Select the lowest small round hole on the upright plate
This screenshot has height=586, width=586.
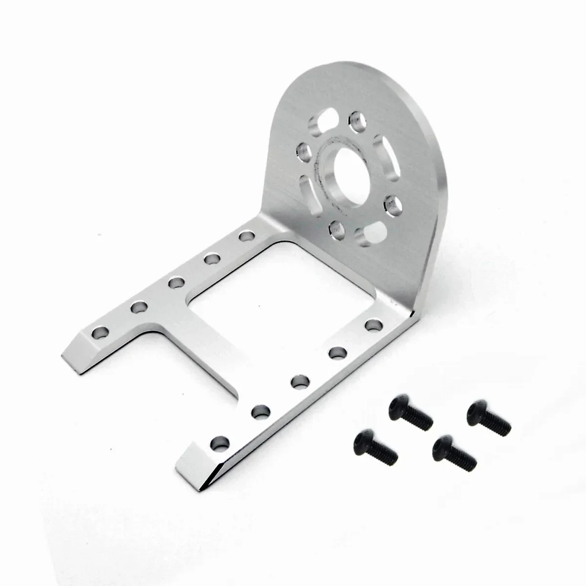335,228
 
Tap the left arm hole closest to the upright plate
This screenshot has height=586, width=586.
246,236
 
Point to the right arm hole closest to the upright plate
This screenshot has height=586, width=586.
373,325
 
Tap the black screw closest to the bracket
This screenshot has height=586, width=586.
411,413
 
